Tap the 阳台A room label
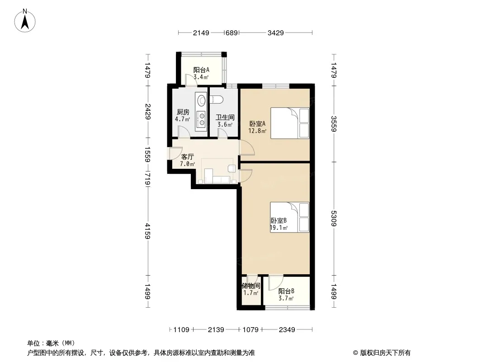[x=201, y=70]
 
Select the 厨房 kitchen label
[x=183, y=112]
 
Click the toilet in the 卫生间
[x=216, y=100]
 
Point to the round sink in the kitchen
[x=202, y=100]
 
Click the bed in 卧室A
[x=290, y=123]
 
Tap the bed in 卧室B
[x=289, y=217]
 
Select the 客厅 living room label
[x=188, y=157]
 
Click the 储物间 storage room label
[x=251, y=286]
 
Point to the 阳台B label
[x=286, y=291]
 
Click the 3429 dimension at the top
[x=275, y=33]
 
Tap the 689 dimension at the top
[x=232, y=33]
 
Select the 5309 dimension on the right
[x=334, y=219]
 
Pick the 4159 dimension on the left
[x=148, y=231]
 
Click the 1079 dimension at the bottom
[x=250, y=330]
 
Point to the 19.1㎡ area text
[x=279, y=228]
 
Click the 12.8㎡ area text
[x=257, y=131]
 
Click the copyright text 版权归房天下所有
[x=385, y=353]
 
